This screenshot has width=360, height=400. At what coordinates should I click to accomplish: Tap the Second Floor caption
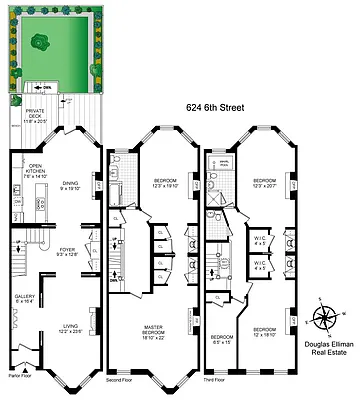pyautogui.click(x=121, y=379)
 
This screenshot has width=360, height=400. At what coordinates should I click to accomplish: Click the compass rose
pyautogui.click(x=324, y=317)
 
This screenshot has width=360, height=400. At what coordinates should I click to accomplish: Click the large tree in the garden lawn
pyautogui.click(x=41, y=42)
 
